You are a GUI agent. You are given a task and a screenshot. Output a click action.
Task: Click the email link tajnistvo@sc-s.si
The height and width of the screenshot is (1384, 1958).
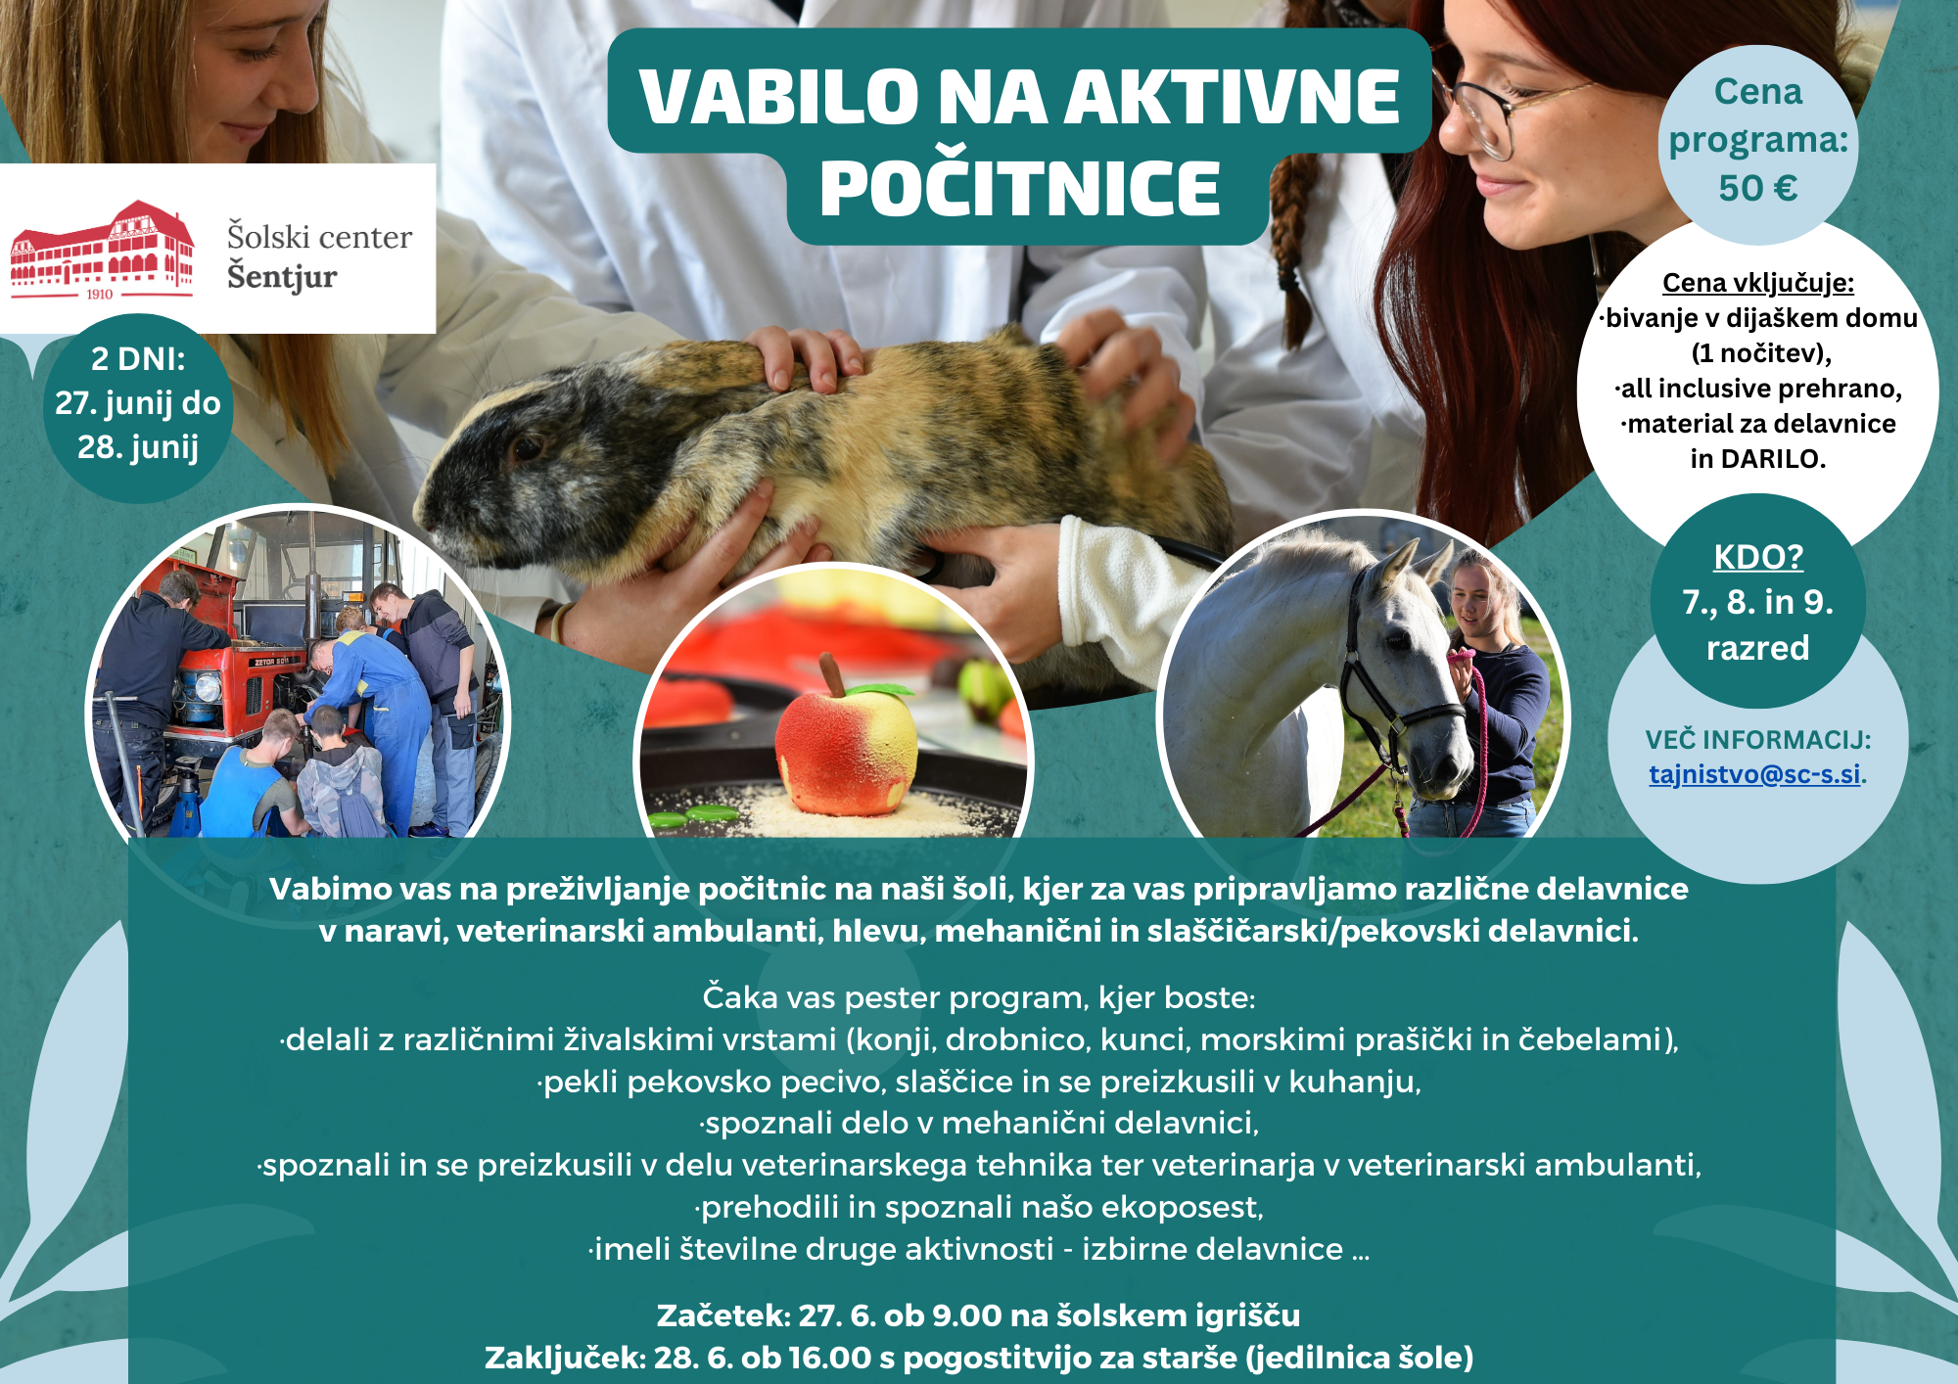click(x=1754, y=774)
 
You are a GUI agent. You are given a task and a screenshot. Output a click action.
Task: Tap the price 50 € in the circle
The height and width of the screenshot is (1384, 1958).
click(x=1758, y=188)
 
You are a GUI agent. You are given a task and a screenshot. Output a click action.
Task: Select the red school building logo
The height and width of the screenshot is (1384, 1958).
click(x=102, y=250)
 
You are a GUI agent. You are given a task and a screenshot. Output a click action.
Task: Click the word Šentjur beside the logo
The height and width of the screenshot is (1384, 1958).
click(x=282, y=277)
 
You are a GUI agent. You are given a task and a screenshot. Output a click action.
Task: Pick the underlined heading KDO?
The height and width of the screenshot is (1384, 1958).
click(x=1758, y=557)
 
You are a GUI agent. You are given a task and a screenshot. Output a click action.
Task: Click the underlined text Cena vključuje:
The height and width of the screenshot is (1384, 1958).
click(x=1758, y=283)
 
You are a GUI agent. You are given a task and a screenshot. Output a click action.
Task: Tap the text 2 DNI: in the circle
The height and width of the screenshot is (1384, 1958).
click(x=138, y=359)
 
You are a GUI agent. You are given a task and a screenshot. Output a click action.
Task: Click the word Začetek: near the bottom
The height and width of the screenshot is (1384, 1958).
click(x=723, y=1315)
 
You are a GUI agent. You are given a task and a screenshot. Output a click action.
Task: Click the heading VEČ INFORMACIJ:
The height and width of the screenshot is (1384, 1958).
click(x=1758, y=739)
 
